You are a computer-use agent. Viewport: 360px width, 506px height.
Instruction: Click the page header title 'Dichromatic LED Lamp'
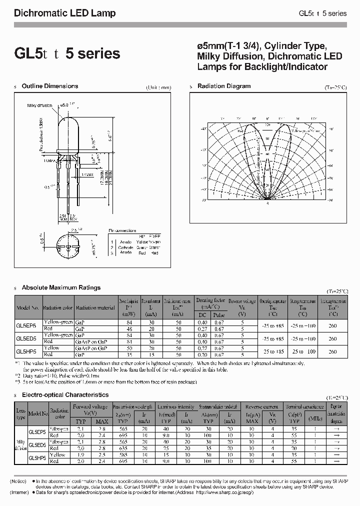pos(64,13)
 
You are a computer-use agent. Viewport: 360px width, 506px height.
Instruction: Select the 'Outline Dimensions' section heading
pos(50,86)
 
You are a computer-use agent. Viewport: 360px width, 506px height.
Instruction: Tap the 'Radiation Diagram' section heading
pos(223,86)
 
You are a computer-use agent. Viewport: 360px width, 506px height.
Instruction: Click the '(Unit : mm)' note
pos(159,87)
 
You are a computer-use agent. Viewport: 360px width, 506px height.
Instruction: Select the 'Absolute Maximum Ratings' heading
pos(61,287)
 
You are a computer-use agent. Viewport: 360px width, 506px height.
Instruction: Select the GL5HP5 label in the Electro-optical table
pos(37,457)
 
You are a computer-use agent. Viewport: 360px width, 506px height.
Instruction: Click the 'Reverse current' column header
pos(262,407)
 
